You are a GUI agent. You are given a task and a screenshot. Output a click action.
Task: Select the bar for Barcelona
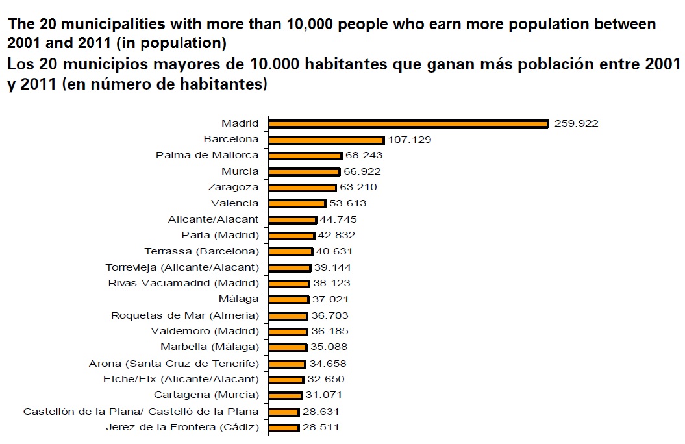[x=326, y=140]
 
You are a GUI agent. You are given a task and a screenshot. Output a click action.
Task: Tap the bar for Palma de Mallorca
[x=305, y=156]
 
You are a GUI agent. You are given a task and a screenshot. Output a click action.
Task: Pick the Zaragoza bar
[x=302, y=188]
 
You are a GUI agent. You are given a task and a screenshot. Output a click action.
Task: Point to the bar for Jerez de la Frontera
[x=283, y=428]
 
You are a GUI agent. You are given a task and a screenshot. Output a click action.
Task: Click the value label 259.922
[x=576, y=123]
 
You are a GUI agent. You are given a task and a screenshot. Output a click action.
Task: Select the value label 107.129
[x=410, y=140]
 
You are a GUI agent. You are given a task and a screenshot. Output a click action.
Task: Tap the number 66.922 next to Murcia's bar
[x=362, y=171]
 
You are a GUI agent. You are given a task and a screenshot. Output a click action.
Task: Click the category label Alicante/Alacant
[x=213, y=219]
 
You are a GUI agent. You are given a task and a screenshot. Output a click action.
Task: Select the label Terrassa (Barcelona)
[x=201, y=251]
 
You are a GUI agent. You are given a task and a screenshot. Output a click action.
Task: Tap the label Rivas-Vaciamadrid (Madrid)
[x=183, y=283]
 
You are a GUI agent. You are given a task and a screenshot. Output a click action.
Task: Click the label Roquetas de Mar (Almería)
[x=185, y=315]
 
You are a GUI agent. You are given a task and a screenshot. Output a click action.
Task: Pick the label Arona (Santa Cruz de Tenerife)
[x=174, y=364]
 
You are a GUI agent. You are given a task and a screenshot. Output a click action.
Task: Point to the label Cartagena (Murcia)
[x=206, y=395]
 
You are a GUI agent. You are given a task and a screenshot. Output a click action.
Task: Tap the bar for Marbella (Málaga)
[x=287, y=347]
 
